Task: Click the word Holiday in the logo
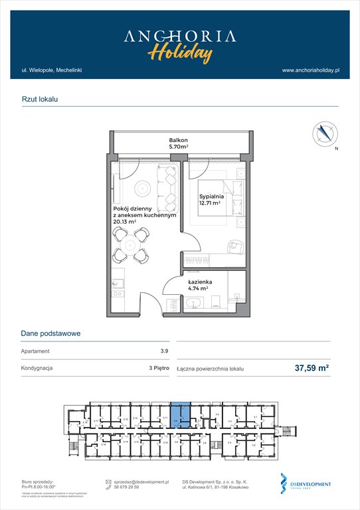[x=180, y=52]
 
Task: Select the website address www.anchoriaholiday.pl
[x=311, y=70]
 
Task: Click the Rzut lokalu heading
[x=40, y=98]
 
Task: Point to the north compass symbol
[x=325, y=133]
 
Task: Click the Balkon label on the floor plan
[x=178, y=140]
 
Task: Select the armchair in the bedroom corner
[x=236, y=247]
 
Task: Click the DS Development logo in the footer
[x=306, y=485]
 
